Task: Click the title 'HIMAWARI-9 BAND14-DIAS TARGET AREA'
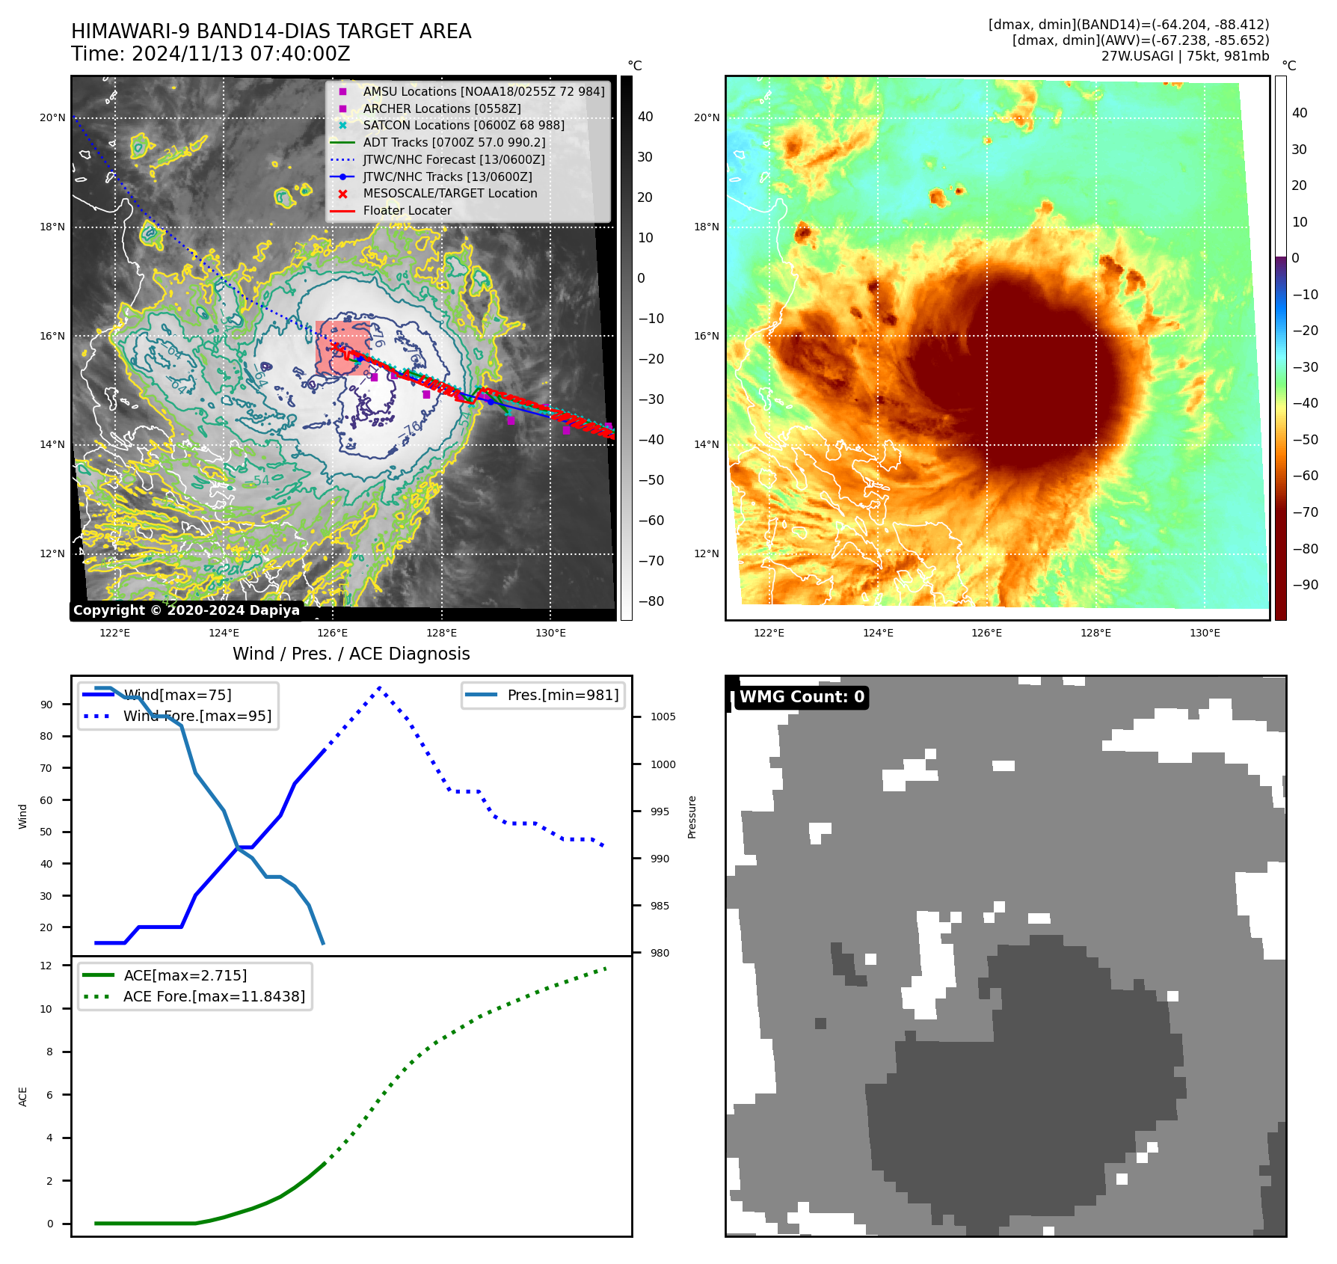pyautogui.click(x=271, y=31)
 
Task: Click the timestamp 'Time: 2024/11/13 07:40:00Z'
pyautogui.click(x=211, y=54)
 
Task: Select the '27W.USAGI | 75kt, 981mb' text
pyautogui.click(x=1184, y=56)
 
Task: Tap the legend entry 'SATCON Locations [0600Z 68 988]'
pyautogui.click(x=463, y=125)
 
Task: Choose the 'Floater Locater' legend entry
pyautogui.click(x=407, y=210)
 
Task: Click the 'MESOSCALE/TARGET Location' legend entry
pyautogui.click(x=449, y=193)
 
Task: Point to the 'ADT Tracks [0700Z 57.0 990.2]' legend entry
pyautogui.click(x=454, y=142)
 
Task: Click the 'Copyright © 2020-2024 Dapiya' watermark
pyautogui.click(x=186, y=610)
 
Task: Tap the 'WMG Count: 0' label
pyautogui.click(x=802, y=697)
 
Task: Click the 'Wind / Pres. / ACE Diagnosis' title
pyautogui.click(x=351, y=654)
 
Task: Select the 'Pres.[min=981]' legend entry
pyautogui.click(x=562, y=695)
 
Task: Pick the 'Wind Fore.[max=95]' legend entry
pyautogui.click(x=197, y=716)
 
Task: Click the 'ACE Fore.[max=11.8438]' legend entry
pyautogui.click(x=214, y=996)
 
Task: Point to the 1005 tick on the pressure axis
pyautogui.click(x=663, y=717)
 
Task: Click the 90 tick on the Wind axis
pyautogui.click(x=46, y=705)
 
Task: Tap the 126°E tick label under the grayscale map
pyautogui.click(x=332, y=633)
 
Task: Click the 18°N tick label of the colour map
pyautogui.click(x=706, y=227)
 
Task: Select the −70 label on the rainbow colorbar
pyautogui.click(x=1305, y=512)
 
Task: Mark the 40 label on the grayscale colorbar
pyautogui.click(x=645, y=117)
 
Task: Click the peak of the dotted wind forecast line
pyautogui.click(x=380, y=687)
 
